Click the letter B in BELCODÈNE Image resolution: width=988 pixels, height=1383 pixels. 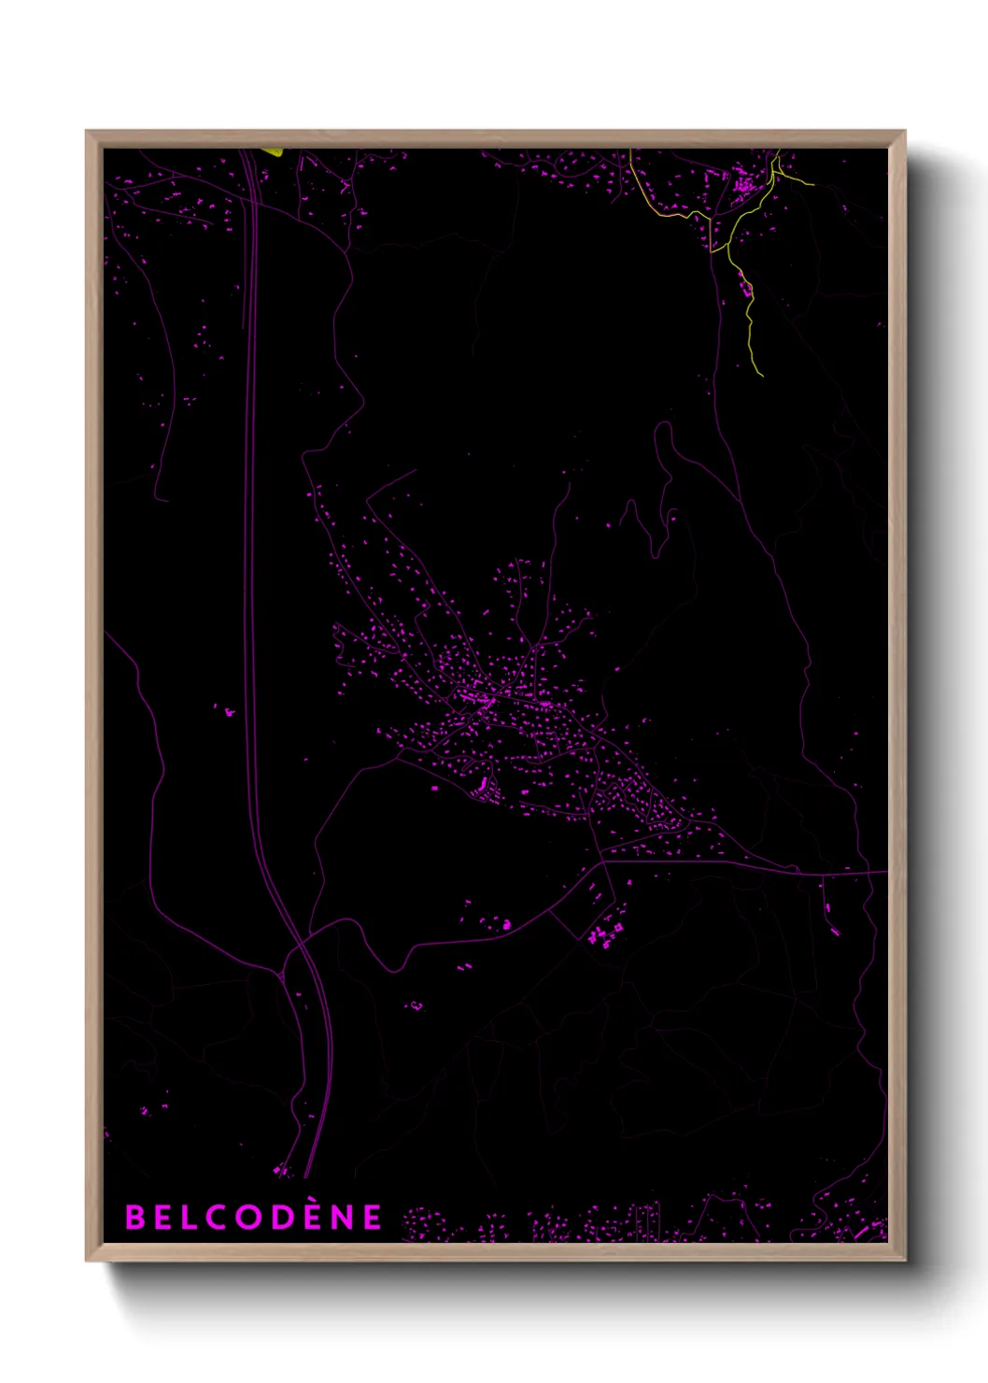click(x=134, y=1217)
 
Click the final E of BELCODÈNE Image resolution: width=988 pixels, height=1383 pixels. click(x=373, y=1217)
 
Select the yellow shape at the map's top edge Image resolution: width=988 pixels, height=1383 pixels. click(x=271, y=151)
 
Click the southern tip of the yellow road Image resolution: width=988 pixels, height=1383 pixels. click(x=762, y=376)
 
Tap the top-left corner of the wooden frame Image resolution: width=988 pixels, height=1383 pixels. click(x=87, y=132)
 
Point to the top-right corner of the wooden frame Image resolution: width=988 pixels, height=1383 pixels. click(x=904, y=132)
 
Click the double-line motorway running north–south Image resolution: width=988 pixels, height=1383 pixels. click(x=250, y=561)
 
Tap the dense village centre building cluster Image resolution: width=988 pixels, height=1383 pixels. click(x=476, y=696)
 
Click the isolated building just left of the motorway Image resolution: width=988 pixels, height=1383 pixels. click(x=228, y=712)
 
